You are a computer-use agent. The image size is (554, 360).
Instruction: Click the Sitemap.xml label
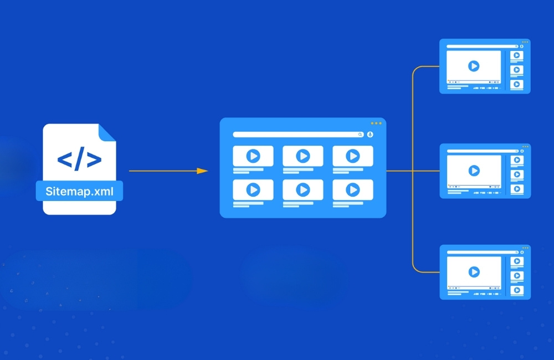pyautogui.click(x=79, y=191)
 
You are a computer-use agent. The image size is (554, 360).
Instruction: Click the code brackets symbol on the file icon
pyautogui.click(x=80, y=160)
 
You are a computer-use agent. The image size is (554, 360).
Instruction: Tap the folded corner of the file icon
pyautogui.click(x=107, y=131)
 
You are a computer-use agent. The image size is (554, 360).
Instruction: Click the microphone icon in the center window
pyautogui.click(x=370, y=135)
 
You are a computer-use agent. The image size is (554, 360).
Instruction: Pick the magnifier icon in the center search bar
pyautogui.click(x=360, y=135)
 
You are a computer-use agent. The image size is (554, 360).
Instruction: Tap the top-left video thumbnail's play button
pyautogui.click(x=253, y=156)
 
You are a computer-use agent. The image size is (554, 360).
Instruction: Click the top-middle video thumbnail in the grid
pyautogui.click(x=302, y=156)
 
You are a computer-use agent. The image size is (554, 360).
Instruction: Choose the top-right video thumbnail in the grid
pyautogui.click(x=352, y=156)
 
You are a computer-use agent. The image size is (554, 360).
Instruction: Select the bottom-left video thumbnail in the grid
pyautogui.click(x=253, y=190)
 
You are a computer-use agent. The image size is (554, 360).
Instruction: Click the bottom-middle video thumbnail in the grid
pyautogui.click(x=302, y=190)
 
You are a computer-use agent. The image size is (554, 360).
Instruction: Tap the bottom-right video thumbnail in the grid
pyautogui.click(x=352, y=190)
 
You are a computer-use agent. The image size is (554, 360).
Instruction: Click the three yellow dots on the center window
pyautogui.click(x=376, y=123)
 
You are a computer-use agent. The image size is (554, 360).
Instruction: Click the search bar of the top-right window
pyautogui.click(x=481, y=47)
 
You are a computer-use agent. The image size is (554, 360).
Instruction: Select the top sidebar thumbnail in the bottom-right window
pyautogui.click(x=517, y=261)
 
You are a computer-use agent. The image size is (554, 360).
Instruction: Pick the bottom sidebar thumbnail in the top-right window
pyautogui.click(x=517, y=84)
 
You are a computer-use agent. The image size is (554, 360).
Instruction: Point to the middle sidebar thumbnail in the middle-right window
pyautogui.click(x=517, y=174)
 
